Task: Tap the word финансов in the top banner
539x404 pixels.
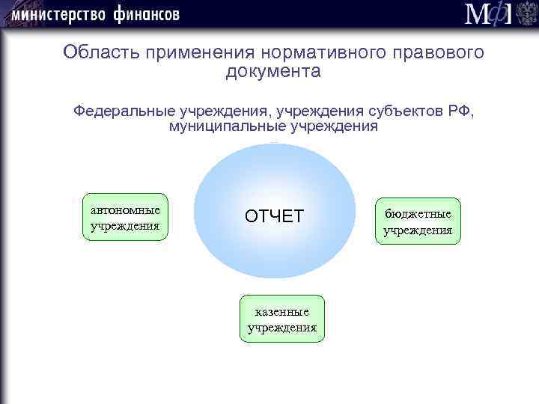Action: (147, 14)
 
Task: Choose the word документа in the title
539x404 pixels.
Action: (272, 72)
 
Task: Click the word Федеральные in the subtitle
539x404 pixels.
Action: (123, 111)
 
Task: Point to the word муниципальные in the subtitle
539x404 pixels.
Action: (225, 126)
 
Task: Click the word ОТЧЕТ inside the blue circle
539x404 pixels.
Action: (274, 216)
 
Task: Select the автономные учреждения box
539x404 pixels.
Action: (124, 217)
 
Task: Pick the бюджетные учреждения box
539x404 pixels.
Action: (418, 221)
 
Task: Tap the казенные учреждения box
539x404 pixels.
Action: (281, 319)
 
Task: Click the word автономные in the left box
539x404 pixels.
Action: (124, 209)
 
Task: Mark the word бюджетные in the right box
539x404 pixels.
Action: (418, 214)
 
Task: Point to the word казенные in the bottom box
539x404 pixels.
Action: (281, 311)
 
